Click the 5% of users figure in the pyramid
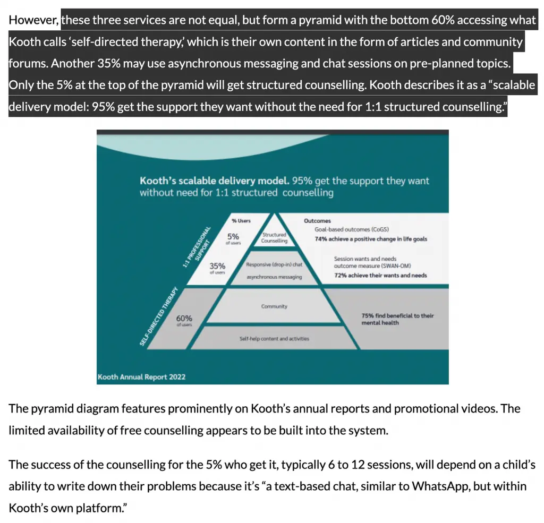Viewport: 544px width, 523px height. coord(233,237)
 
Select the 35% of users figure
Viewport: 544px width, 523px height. coord(217,268)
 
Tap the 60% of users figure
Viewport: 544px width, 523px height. coord(184,320)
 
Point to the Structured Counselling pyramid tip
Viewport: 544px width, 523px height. coord(274,237)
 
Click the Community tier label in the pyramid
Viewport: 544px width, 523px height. coord(274,306)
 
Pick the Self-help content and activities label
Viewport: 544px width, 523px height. coord(274,338)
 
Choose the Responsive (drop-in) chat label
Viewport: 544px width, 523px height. coord(274,264)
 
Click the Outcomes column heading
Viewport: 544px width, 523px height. coord(317,221)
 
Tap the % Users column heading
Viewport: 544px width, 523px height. coord(241,220)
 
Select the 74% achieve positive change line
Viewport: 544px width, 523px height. coord(370,239)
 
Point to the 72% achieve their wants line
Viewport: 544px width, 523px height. coord(380,276)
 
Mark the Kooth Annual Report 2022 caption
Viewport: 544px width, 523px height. coord(141,378)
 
